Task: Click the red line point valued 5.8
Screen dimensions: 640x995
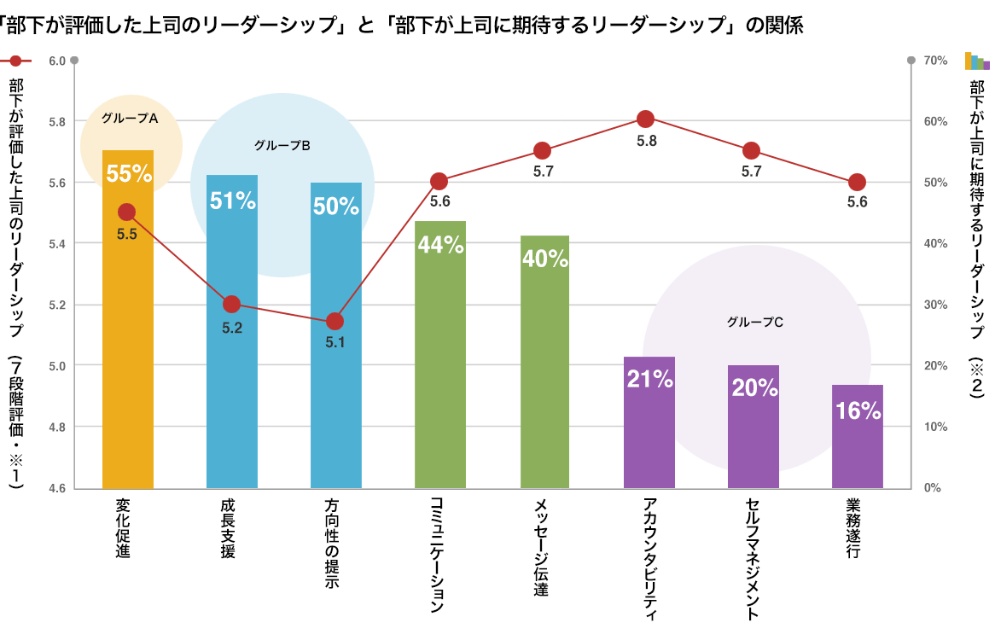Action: point(646,119)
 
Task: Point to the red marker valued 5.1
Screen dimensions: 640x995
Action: point(335,322)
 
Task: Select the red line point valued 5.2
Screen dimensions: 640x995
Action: point(231,304)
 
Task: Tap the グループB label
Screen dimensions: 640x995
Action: point(282,145)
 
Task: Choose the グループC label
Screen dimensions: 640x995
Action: point(755,323)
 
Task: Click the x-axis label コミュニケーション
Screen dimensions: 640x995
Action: point(438,555)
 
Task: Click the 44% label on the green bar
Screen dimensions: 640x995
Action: point(440,245)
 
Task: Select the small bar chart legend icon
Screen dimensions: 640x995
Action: point(977,61)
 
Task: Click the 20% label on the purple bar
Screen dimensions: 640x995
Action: point(754,387)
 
